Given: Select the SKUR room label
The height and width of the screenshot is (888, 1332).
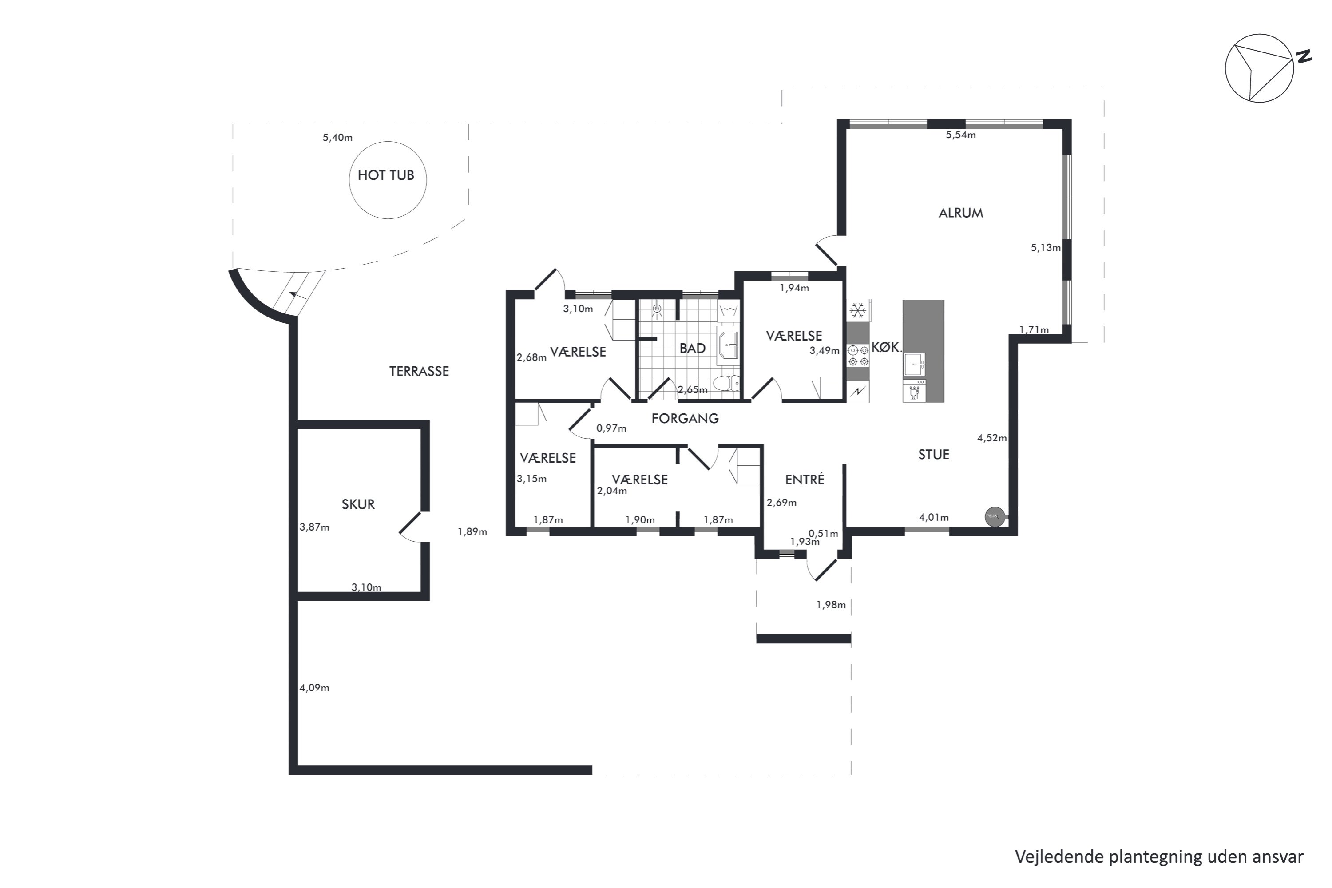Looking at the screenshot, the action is (358, 504).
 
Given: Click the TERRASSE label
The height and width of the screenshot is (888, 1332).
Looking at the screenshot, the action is (419, 371).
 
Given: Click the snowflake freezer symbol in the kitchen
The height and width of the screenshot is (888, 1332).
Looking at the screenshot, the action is (858, 310).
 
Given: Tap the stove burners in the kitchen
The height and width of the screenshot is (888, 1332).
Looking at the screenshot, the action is (858, 356).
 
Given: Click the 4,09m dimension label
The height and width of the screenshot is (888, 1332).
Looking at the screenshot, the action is (314, 687).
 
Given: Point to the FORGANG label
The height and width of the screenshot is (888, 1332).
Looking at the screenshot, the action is (685, 419).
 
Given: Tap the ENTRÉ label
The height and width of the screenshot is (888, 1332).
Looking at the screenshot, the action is (804, 479).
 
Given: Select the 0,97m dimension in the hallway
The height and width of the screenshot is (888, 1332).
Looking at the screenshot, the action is (611, 428).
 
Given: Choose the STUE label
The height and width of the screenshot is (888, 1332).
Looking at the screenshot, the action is (933, 454).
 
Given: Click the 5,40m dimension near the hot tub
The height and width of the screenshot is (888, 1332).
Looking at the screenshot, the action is (337, 138).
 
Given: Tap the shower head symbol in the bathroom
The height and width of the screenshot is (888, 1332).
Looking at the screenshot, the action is (657, 309).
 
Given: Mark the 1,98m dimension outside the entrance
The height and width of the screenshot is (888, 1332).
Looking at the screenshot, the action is (831, 605).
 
